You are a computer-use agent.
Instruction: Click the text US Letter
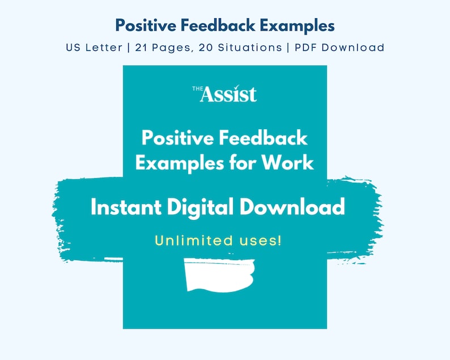point(94,47)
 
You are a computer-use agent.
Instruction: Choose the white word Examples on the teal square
point(176,163)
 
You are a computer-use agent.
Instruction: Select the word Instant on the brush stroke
point(124,207)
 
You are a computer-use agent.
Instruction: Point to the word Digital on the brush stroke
point(201,207)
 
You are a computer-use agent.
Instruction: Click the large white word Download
point(292,207)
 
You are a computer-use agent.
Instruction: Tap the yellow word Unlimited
point(193,240)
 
